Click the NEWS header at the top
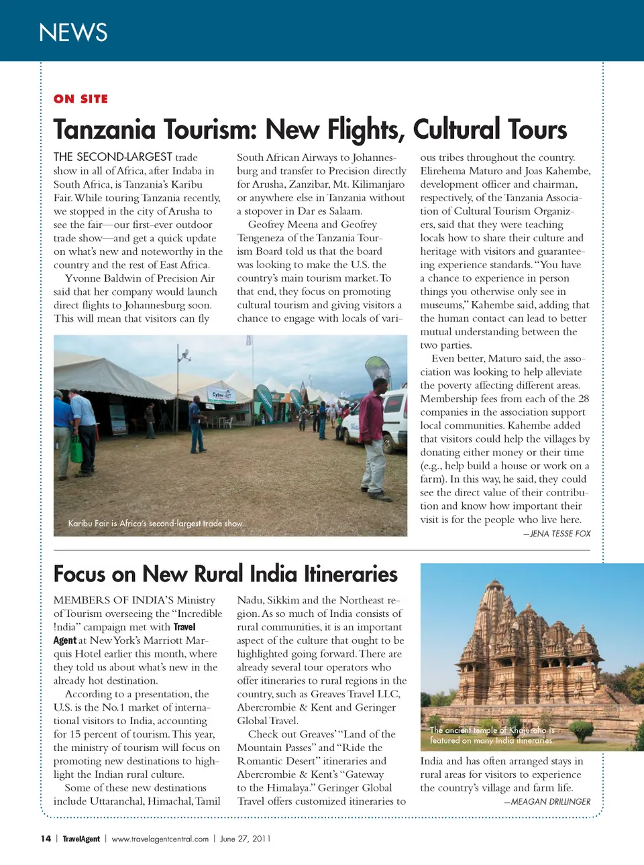coord(73,32)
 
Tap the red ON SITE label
coord(80,99)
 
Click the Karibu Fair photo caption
coord(156,523)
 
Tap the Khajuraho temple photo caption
coord(492,735)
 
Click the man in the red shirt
coord(374,436)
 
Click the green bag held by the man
coord(76,451)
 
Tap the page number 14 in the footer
coord(46,838)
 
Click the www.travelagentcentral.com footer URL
coord(160,838)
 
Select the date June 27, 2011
coord(245,838)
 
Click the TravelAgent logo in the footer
coord(81,838)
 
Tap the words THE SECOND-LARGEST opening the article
coord(113,157)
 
